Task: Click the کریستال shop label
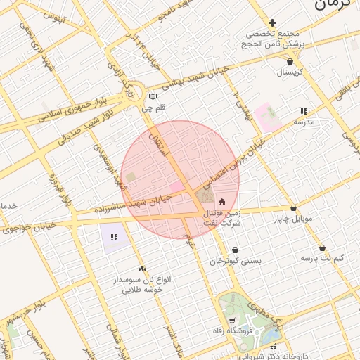point(289,72)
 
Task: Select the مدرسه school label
point(303,122)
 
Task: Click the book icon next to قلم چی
point(153,97)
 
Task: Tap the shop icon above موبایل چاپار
point(293,207)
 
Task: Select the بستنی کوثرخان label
point(235,261)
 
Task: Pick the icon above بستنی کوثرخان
point(234,250)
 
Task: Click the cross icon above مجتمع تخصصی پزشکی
point(272,22)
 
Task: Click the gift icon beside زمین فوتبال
point(222,202)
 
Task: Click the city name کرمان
point(332,6)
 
